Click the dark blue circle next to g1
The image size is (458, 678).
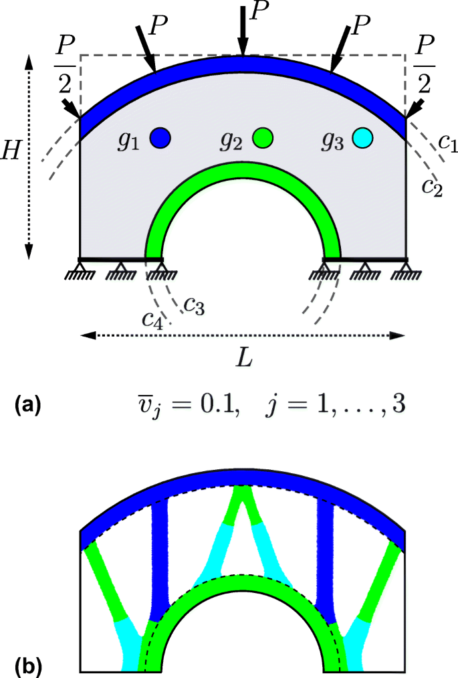point(160,138)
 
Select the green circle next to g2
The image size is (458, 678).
point(263,138)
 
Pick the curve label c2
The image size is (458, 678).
point(431,185)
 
